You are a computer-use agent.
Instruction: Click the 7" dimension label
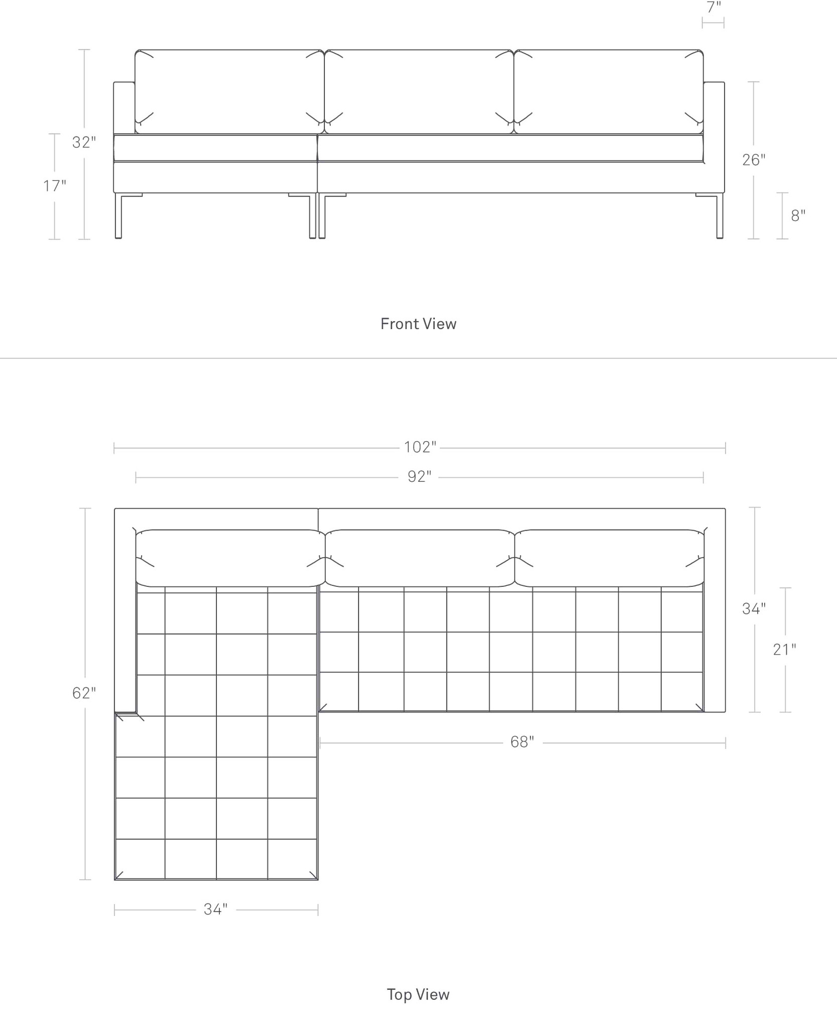(x=713, y=8)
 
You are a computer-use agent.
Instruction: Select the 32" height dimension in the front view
(x=84, y=142)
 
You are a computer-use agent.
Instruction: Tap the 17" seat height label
(x=54, y=186)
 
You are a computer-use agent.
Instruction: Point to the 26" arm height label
(x=754, y=160)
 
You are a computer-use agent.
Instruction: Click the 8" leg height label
(x=798, y=216)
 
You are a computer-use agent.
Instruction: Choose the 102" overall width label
(x=420, y=447)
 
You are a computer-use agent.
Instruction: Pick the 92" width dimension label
(x=419, y=476)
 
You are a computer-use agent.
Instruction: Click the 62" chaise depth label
(x=84, y=693)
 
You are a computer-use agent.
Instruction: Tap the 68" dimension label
(x=522, y=742)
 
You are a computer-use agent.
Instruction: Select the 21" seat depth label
(x=784, y=650)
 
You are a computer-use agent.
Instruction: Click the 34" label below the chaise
(x=215, y=909)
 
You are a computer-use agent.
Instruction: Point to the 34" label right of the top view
(x=754, y=608)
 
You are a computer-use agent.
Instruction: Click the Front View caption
(x=418, y=324)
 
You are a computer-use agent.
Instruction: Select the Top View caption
(x=418, y=994)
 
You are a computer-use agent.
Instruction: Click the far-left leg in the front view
(x=118, y=216)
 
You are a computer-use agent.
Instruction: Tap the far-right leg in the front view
(x=720, y=216)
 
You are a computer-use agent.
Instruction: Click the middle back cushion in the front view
(x=419, y=91)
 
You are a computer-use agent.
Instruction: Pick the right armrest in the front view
(x=714, y=137)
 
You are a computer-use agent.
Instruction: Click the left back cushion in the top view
(x=230, y=558)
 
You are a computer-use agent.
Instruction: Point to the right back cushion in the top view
(x=609, y=558)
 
